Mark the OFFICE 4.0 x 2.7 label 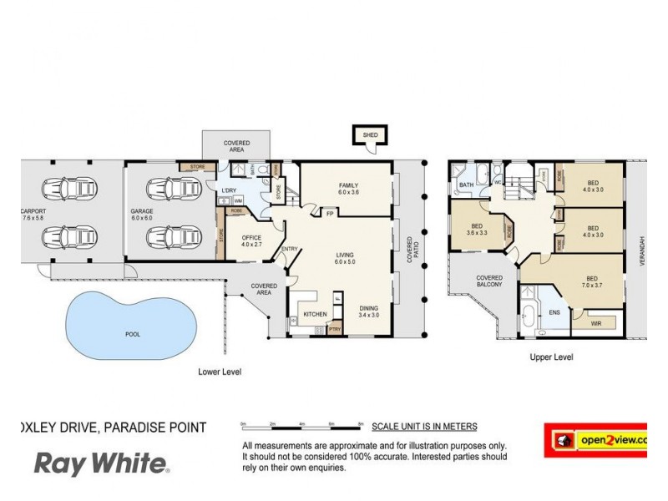tap(251, 241)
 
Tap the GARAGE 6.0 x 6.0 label tap(141, 215)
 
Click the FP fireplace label tap(331, 213)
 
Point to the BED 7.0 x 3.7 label tap(590, 281)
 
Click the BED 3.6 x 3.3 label tap(478, 230)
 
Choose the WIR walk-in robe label tap(595, 321)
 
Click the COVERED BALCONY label tap(489, 281)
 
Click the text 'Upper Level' tap(551, 357)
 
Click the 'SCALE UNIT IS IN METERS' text tap(424, 426)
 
